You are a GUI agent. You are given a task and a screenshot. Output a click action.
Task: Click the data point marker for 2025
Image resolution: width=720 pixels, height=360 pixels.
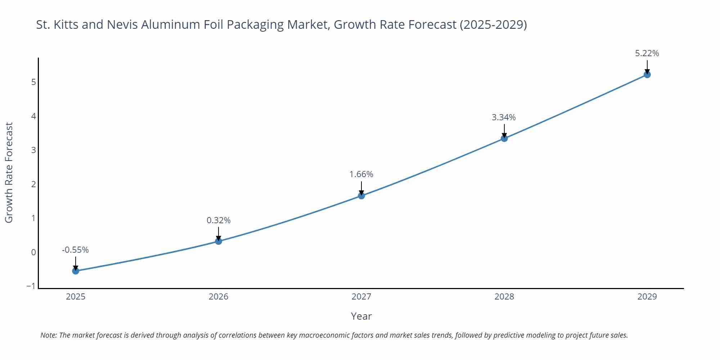[76, 271]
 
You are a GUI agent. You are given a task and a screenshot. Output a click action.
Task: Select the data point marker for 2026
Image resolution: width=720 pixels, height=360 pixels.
[219, 241]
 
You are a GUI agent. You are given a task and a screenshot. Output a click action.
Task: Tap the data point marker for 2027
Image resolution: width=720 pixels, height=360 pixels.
[361, 195]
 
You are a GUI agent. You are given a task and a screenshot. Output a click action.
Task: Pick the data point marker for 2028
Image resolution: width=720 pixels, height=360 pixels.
[504, 138]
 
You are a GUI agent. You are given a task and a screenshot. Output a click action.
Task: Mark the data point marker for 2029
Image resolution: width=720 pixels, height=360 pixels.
[647, 75]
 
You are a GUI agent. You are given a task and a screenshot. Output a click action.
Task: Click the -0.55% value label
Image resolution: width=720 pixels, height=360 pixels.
[75, 250]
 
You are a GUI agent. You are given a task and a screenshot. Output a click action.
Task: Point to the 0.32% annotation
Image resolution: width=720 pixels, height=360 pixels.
[219, 220]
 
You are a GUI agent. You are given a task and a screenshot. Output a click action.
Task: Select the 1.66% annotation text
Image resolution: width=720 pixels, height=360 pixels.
[361, 174]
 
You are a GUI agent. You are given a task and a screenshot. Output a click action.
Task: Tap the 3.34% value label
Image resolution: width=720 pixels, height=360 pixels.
[504, 117]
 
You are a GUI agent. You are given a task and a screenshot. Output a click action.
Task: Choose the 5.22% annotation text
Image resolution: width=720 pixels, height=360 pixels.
[647, 53]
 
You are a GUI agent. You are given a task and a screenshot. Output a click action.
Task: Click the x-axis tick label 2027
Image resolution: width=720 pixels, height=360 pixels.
[361, 297]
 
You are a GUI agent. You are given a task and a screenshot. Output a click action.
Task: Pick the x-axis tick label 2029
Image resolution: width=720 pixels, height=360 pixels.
[647, 297]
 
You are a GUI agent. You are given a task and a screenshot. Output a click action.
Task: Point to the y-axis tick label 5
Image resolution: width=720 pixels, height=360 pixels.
[33, 82]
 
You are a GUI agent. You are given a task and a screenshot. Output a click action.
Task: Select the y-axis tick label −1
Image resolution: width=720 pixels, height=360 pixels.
[31, 286]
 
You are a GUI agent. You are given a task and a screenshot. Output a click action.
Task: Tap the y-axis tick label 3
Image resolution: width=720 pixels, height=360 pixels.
[33, 150]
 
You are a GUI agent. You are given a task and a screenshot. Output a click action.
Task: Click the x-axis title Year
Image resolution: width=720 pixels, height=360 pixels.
[361, 316]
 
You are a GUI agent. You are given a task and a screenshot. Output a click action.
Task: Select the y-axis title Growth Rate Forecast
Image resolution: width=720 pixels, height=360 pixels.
[9, 172]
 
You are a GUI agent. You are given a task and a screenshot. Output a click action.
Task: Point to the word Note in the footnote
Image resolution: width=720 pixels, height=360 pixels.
[48, 335]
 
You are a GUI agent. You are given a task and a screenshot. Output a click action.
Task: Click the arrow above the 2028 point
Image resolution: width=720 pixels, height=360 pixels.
[504, 130]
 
